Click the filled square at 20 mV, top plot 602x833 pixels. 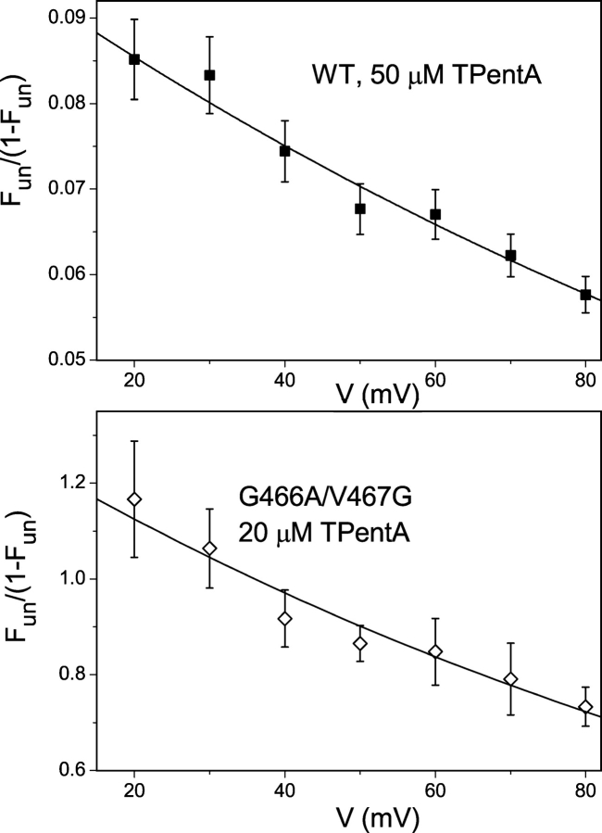point(134,58)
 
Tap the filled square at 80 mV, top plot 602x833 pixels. point(585,295)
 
